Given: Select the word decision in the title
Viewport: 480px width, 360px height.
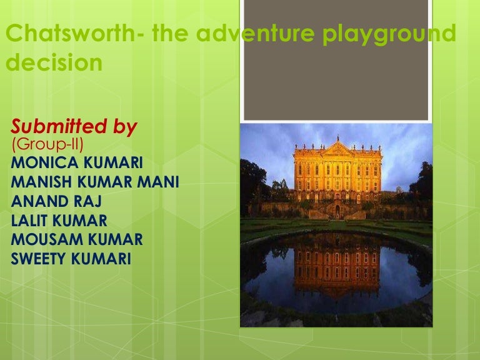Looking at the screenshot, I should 54,64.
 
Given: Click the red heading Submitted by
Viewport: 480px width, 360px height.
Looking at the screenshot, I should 74,127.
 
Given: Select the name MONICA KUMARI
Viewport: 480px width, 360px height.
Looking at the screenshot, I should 77,164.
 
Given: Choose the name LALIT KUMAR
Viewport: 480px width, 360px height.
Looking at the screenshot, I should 59,220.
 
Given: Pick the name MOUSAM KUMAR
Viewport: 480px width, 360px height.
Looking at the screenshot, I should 77,239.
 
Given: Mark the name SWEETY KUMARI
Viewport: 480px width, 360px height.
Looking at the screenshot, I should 71,257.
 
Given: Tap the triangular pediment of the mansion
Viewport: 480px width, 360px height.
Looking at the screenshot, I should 337,148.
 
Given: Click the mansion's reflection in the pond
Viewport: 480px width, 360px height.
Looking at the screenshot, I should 337,266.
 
